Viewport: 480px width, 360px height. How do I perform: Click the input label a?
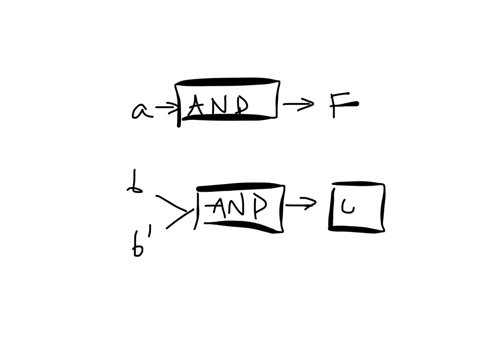click(139, 109)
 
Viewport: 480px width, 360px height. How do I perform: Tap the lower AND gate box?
click(240, 208)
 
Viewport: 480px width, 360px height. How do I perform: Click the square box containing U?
click(356, 207)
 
